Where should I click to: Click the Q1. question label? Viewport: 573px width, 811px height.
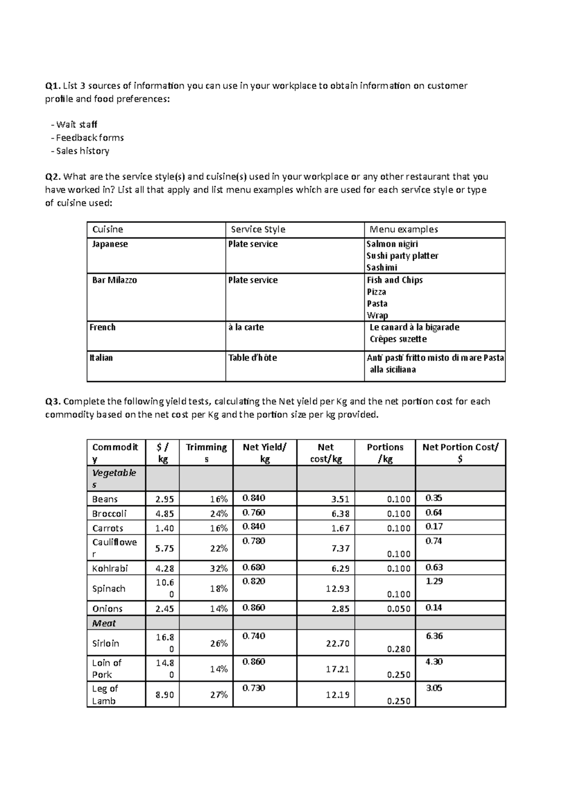point(53,86)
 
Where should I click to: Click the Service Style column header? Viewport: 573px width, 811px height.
point(258,229)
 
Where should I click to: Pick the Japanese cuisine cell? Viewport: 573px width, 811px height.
point(110,244)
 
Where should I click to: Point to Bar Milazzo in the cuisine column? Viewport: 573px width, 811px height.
point(115,280)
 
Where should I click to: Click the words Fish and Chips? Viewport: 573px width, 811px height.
point(394,280)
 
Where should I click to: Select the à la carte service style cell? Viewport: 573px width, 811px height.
point(246,327)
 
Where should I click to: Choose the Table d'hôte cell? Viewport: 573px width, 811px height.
point(252,358)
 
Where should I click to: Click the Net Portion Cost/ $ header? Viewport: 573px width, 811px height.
point(460,453)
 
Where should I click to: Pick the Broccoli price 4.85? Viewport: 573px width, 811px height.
point(164,513)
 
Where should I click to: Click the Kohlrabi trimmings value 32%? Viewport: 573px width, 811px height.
point(219,568)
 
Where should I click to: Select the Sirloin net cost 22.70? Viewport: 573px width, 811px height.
point(337,643)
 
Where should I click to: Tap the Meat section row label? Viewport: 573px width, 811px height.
point(104,623)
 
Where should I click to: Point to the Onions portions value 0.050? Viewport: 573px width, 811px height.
point(399,609)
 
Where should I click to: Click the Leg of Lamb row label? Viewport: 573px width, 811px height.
point(105,694)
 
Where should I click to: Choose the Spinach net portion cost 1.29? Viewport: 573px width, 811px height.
point(434,581)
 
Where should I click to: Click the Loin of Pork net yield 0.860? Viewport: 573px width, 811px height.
point(254,662)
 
